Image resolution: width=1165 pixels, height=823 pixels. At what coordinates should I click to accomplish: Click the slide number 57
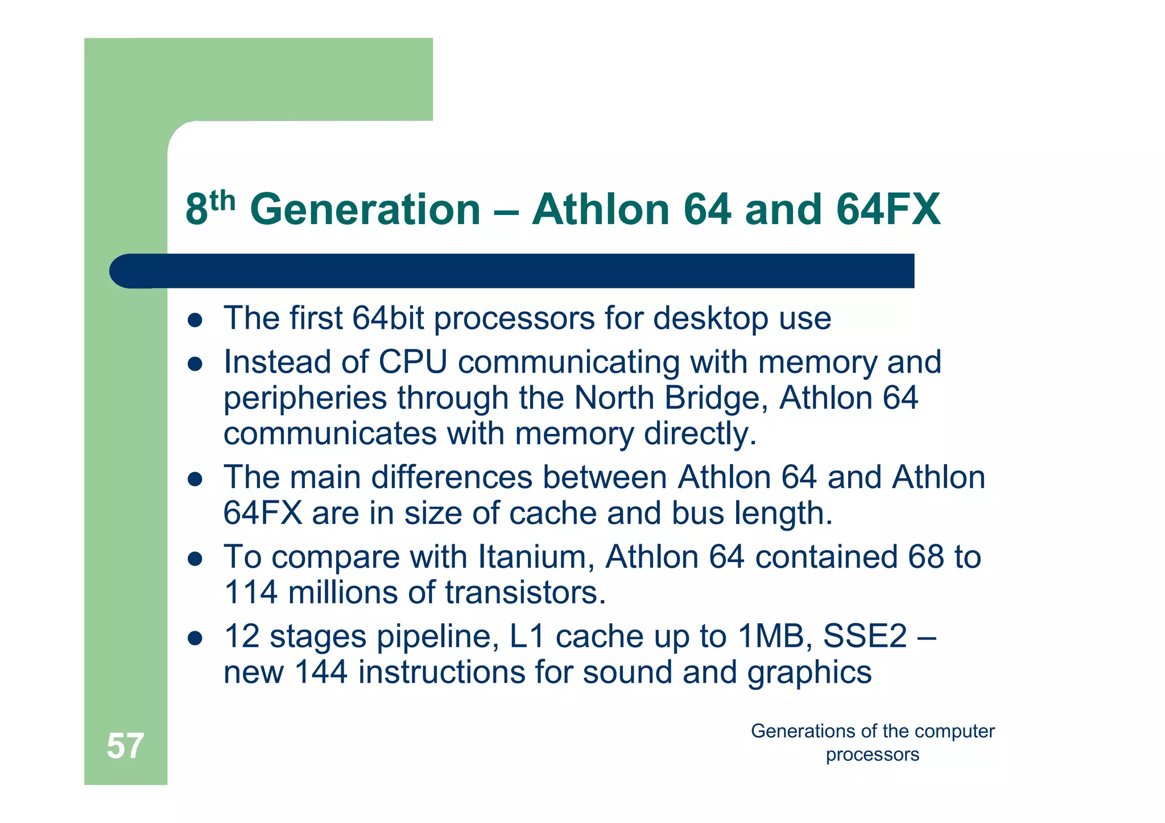click(x=125, y=746)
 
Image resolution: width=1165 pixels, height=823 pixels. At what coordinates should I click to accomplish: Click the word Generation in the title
click(x=365, y=209)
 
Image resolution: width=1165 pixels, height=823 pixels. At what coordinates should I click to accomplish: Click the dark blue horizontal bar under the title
click(x=512, y=271)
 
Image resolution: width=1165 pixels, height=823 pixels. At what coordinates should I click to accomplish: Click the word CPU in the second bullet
click(x=412, y=362)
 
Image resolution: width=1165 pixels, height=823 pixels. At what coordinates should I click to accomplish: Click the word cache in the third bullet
click(x=552, y=513)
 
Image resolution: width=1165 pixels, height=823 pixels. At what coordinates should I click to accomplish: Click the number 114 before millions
click(x=250, y=593)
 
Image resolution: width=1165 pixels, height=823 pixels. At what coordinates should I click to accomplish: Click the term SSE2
click(x=865, y=636)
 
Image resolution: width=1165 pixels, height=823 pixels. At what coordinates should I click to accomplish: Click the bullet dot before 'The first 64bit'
click(x=195, y=320)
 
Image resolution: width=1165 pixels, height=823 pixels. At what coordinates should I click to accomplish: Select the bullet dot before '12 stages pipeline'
click(x=195, y=638)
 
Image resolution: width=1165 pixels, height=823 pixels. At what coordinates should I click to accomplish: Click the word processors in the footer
click(x=872, y=755)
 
